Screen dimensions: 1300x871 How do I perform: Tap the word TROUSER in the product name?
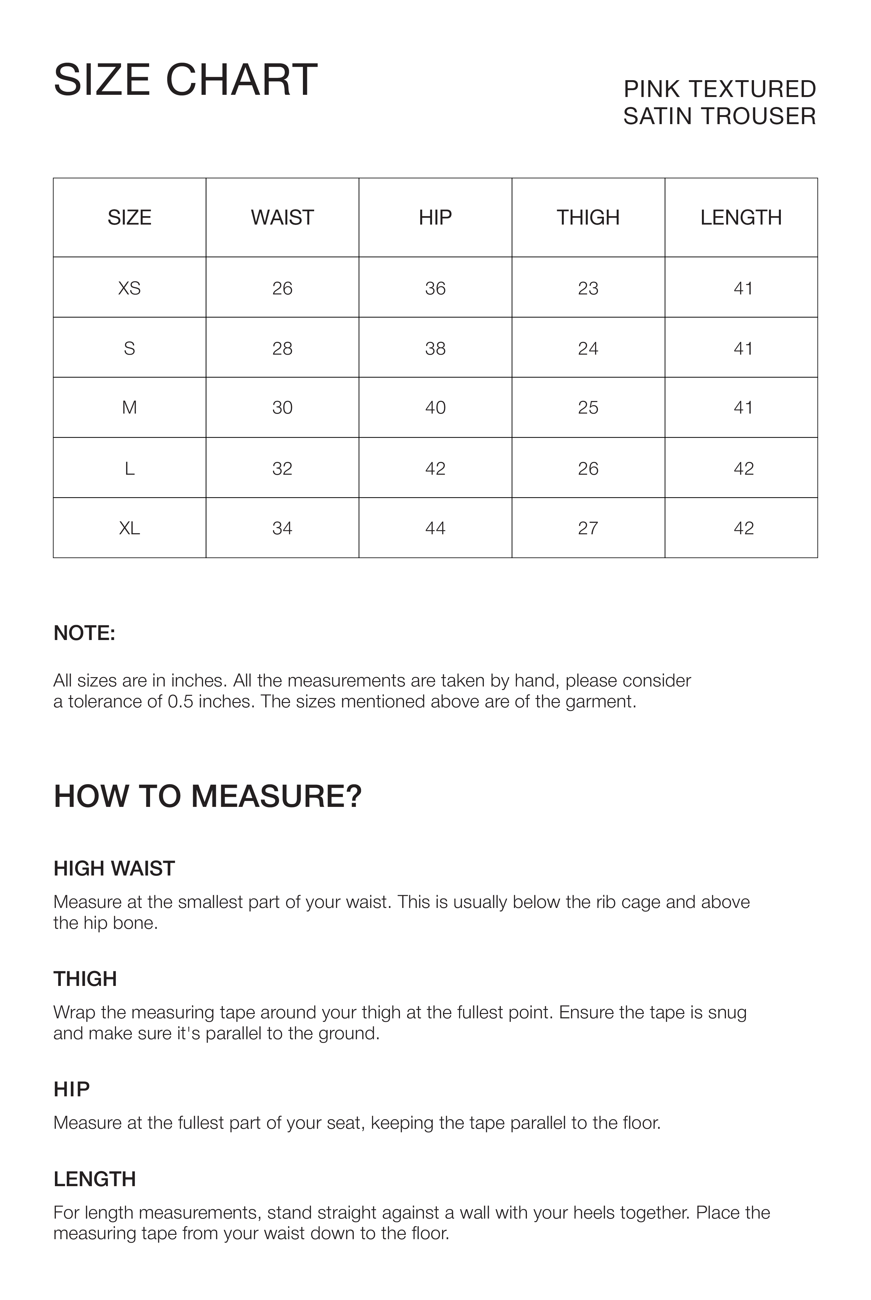pyautogui.click(x=758, y=117)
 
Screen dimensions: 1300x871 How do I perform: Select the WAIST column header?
pyautogui.click(x=282, y=218)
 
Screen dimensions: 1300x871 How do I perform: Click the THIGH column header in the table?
pyautogui.click(x=588, y=218)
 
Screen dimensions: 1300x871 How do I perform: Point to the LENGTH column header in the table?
pyautogui.click(x=741, y=218)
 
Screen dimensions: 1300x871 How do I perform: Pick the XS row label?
pyautogui.click(x=129, y=288)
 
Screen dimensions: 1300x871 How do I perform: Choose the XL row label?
pyautogui.click(x=129, y=528)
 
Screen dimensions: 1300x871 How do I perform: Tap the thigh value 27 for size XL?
pyautogui.click(x=588, y=528)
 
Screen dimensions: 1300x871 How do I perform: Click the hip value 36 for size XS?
pyautogui.click(x=435, y=288)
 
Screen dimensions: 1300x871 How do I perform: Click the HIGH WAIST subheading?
pyautogui.click(x=114, y=869)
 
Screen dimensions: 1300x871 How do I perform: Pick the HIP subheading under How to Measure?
pyautogui.click(x=71, y=1090)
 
